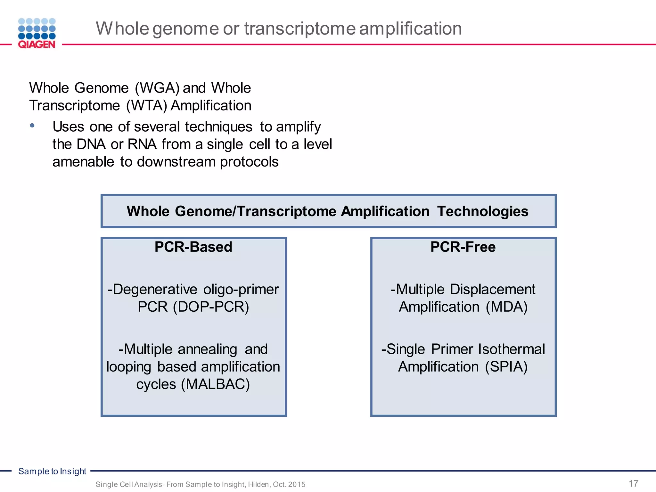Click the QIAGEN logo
click(x=37, y=33)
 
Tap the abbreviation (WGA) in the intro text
click(x=157, y=88)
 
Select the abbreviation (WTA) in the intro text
click(x=147, y=106)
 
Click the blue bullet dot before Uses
click(x=32, y=126)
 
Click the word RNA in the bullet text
click(x=142, y=144)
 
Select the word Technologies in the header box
click(x=483, y=211)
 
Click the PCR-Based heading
click(x=193, y=247)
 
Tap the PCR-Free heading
click(x=463, y=247)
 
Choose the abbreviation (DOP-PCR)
click(x=211, y=307)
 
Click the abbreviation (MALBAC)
click(x=215, y=384)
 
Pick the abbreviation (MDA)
click(x=506, y=307)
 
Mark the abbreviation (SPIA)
click(x=506, y=367)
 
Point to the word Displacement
click(x=492, y=289)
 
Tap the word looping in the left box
click(x=128, y=367)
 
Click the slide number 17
click(x=633, y=483)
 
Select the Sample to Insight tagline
click(x=52, y=471)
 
